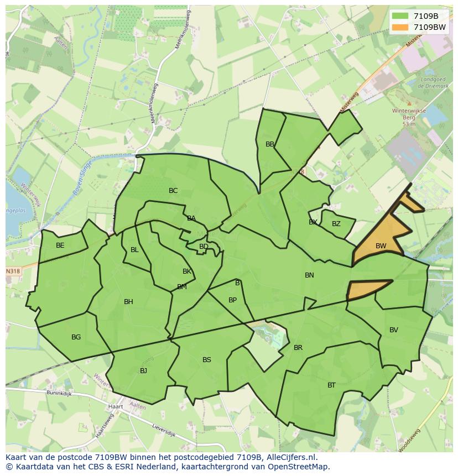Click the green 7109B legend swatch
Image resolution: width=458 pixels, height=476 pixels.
(x=400, y=16)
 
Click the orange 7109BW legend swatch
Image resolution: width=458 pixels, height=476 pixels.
(x=400, y=27)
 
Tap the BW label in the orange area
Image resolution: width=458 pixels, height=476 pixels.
(x=381, y=246)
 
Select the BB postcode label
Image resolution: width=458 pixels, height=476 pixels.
(x=270, y=144)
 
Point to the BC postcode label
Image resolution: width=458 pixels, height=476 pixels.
(x=173, y=191)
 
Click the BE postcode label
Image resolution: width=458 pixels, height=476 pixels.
(x=60, y=245)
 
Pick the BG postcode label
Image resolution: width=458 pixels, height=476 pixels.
(x=76, y=337)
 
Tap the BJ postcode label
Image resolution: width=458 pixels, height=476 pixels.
(x=143, y=371)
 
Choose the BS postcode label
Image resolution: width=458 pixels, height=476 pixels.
(x=207, y=360)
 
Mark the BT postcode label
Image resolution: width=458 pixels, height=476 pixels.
(x=331, y=385)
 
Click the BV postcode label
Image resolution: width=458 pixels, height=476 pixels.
(x=394, y=330)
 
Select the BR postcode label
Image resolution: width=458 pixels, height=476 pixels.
(x=298, y=348)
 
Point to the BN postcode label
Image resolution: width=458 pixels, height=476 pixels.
(x=309, y=275)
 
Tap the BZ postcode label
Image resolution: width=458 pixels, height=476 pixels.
(x=336, y=224)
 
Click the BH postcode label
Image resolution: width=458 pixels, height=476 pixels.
(x=128, y=302)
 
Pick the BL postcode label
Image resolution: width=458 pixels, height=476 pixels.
(x=134, y=250)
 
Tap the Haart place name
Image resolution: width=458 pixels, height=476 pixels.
(x=116, y=406)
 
